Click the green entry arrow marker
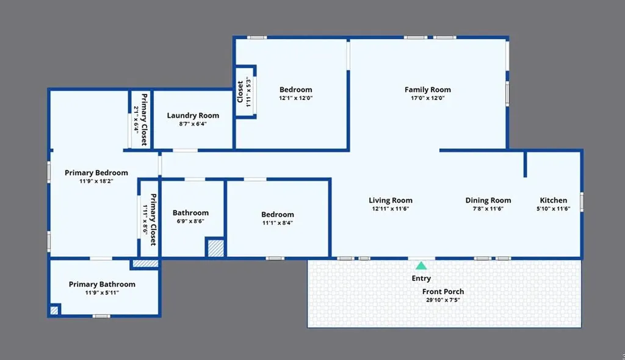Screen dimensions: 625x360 421,265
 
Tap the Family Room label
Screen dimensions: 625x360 428,90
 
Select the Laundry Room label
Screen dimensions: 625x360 193,115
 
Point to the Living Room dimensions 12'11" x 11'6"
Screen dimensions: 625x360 391,209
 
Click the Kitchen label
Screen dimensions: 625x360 553,200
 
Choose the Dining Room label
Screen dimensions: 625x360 488,200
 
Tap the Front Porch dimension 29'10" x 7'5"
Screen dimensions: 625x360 443,300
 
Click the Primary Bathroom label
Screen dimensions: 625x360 102,284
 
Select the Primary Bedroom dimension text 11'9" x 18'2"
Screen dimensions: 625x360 96,181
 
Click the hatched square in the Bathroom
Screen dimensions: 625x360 215,248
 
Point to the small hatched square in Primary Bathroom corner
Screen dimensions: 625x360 54,310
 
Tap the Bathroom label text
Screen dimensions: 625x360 190,213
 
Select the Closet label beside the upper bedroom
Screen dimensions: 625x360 240,92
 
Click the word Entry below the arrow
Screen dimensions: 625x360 421,278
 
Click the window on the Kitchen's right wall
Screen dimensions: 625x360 582,202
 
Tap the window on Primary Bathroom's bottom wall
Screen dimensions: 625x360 101,316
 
